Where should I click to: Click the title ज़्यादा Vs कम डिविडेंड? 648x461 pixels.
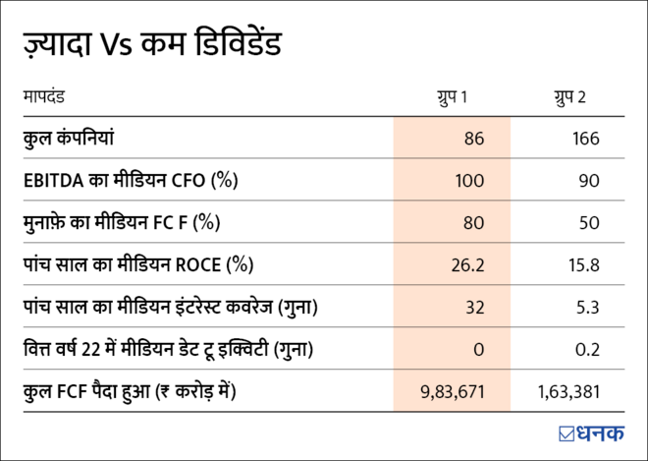point(153,45)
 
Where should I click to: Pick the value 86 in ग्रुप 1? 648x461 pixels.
point(474,139)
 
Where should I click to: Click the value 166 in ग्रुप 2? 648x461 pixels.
point(585,139)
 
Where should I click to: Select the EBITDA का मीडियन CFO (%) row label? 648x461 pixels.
point(131,181)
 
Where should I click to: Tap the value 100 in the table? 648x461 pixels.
point(470,181)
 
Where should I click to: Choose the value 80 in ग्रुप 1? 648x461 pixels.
point(474,223)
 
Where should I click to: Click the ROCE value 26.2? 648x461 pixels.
point(468,265)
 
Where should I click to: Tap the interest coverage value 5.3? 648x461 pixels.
point(587,308)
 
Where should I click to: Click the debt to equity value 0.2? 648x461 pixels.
point(587,350)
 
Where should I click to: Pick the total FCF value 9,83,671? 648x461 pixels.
point(452,392)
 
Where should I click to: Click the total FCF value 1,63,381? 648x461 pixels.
point(568,392)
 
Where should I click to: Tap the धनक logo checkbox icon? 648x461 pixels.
point(567,432)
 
